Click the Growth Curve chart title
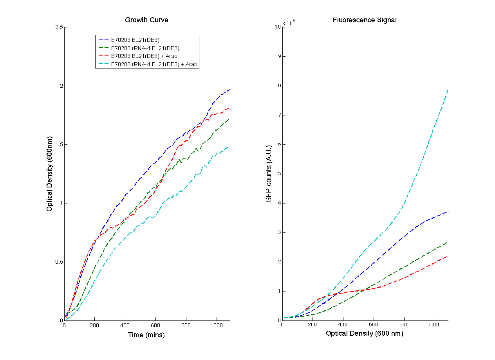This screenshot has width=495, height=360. pyautogui.click(x=146, y=20)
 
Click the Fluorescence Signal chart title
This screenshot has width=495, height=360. pyautogui.click(x=364, y=20)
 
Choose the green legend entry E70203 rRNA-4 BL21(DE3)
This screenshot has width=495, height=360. pyautogui.click(x=145, y=48)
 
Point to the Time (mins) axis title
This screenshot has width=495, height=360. pyautogui.click(x=146, y=335)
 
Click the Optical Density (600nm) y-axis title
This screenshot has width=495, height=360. pyautogui.click(x=49, y=174)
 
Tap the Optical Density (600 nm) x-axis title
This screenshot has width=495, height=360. pyautogui.click(x=364, y=333)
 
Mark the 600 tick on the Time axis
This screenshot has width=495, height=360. pyautogui.click(x=155, y=325)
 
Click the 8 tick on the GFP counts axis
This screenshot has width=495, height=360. pyautogui.click(x=278, y=86)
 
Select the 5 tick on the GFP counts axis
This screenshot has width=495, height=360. pyautogui.click(x=278, y=174)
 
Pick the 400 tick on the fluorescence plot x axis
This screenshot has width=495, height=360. pyautogui.click(x=343, y=325)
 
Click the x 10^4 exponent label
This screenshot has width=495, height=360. pyautogui.click(x=289, y=23)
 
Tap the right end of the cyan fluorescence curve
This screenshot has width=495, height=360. pyautogui.click(x=448, y=90)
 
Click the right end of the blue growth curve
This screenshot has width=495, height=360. pyautogui.click(x=230, y=90)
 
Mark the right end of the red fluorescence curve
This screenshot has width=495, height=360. pyautogui.click(x=448, y=256)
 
